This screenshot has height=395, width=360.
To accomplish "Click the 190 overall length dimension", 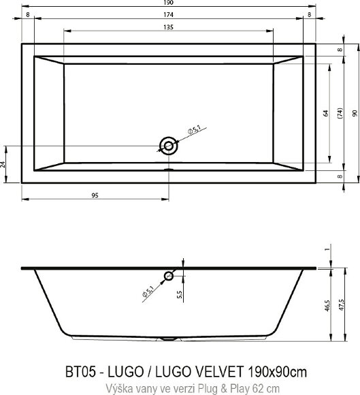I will pos(168,3).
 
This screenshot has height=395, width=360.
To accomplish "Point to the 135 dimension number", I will pos(168,27).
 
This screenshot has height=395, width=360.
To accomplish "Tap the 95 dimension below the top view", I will pos(95,195).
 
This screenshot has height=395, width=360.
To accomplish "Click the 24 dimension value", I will pos(4,163).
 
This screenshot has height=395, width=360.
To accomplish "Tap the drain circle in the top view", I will pos(168,144).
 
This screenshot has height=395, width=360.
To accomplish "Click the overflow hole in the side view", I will pos(168,276).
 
